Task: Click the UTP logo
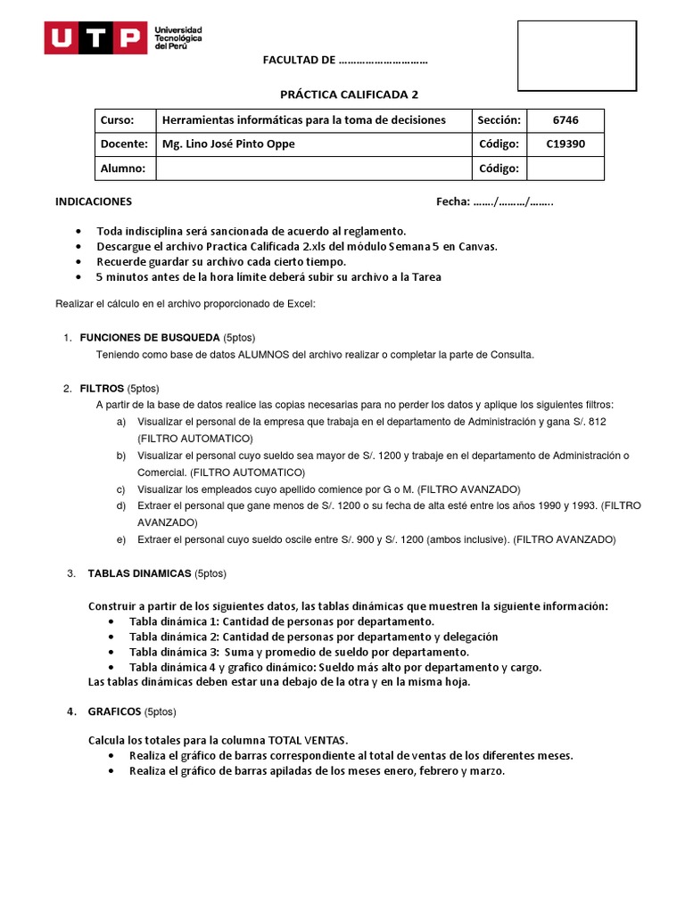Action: (124, 37)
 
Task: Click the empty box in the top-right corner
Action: (577, 55)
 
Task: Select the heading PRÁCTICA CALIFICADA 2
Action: (350, 94)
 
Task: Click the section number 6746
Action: (565, 120)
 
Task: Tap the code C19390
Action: (565, 144)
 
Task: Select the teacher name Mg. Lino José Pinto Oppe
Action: (227, 144)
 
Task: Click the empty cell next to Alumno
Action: (312, 169)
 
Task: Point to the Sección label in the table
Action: (497, 120)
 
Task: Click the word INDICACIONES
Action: (94, 202)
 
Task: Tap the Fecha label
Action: (452, 202)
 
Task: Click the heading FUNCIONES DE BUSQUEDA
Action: (149, 338)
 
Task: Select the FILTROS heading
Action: (102, 389)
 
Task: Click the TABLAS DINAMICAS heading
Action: (139, 573)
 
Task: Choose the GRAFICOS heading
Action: (114, 711)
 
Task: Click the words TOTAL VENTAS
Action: (303, 740)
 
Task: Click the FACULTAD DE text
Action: (299, 61)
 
